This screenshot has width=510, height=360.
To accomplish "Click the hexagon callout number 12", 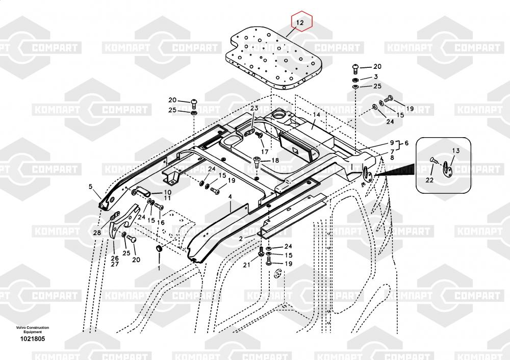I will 300,22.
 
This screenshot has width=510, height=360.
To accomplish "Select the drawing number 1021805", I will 32,339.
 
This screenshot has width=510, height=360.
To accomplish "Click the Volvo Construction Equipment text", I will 32,329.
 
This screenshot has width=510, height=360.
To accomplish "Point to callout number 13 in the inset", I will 455,150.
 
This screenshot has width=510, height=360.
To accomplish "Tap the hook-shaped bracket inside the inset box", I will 447,168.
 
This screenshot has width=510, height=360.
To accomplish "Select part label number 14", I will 317,115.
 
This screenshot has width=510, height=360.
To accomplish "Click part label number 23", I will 254,109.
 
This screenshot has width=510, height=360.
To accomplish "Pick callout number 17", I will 264,151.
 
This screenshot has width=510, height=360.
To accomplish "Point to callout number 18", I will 275,160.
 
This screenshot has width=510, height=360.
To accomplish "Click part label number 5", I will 91,187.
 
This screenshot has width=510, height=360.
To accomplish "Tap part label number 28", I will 97,233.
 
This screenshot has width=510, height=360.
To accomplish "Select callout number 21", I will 246,264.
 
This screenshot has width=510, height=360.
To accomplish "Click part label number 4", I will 230,196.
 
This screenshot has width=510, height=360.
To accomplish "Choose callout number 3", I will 376,76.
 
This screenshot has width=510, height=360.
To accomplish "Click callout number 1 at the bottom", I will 159,267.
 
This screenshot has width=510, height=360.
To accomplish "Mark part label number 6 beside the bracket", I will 406,144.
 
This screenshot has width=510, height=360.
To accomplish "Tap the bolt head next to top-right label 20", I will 355,67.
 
